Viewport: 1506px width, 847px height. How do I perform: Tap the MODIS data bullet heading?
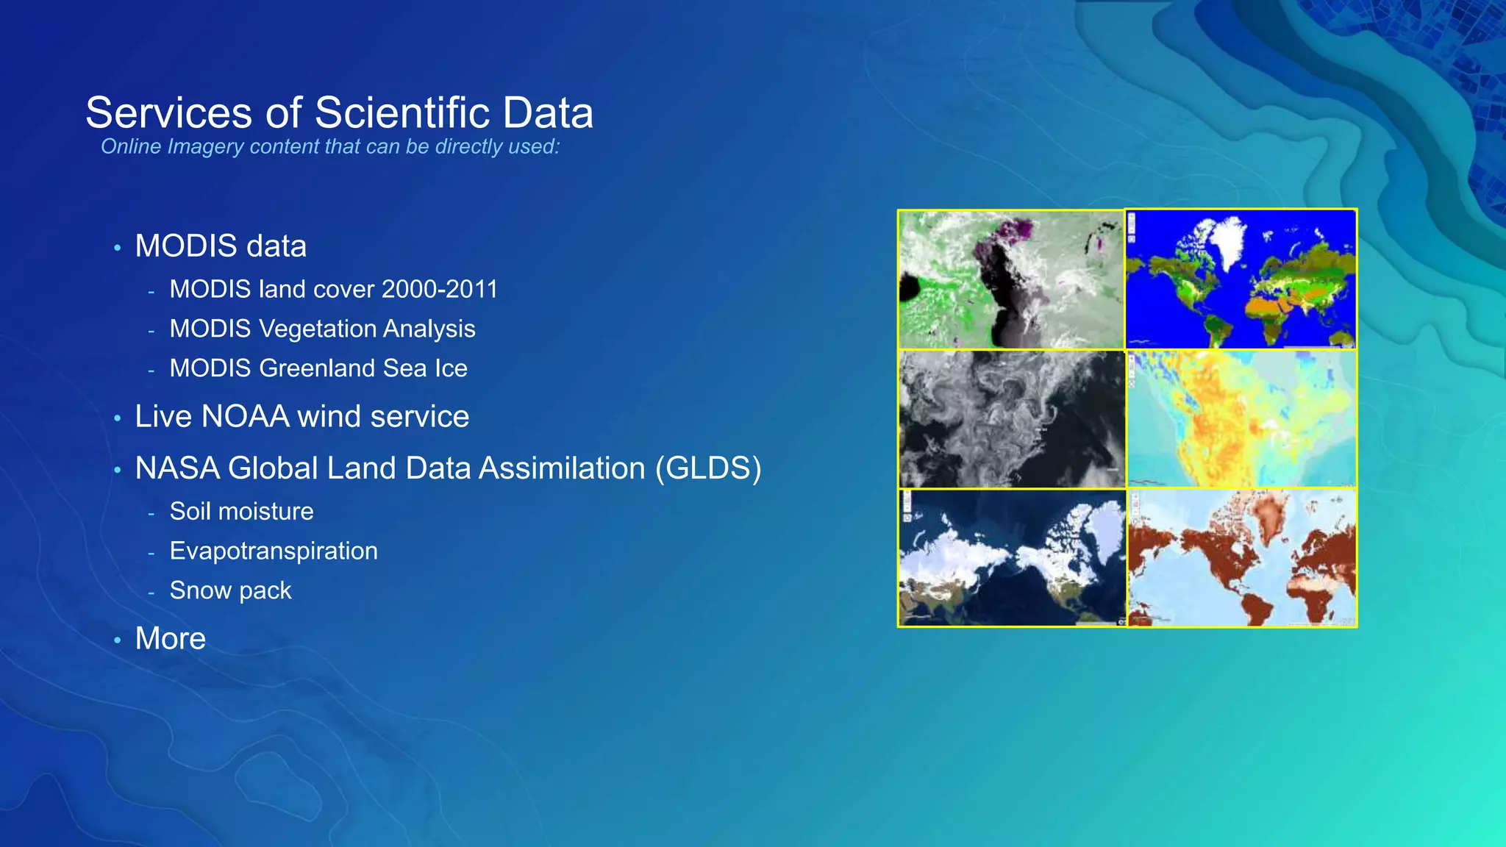(x=221, y=246)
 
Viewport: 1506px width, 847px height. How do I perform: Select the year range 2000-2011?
(x=439, y=289)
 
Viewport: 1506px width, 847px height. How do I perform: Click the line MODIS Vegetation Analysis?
(x=322, y=329)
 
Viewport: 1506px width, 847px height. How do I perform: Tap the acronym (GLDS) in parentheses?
(x=707, y=468)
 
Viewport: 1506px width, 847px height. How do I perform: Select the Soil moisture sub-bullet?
(x=241, y=511)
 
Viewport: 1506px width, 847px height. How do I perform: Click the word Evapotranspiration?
(x=274, y=551)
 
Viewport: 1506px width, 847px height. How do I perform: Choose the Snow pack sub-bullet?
(x=230, y=590)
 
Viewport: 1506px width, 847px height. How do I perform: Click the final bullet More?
(x=170, y=638)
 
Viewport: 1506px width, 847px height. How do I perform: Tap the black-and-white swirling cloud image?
(x=1011, y=419)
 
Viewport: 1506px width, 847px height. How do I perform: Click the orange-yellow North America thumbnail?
(x=1241, y=419)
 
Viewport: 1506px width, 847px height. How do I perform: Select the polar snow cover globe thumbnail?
(x=1011, y=557)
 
